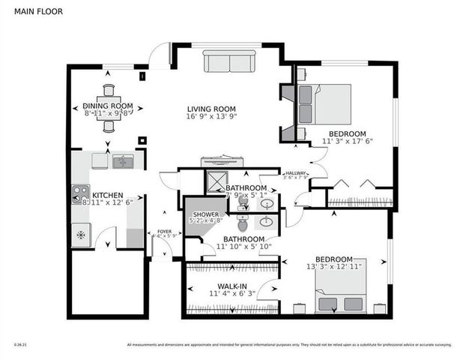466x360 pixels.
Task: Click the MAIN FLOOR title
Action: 33,12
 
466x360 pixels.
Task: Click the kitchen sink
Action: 122,160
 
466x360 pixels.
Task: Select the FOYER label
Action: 163,231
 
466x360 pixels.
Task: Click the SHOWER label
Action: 201,214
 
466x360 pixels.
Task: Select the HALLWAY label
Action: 294,173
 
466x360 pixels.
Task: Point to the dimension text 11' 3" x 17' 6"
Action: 347,140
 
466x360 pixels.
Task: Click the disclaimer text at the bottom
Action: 288,344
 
